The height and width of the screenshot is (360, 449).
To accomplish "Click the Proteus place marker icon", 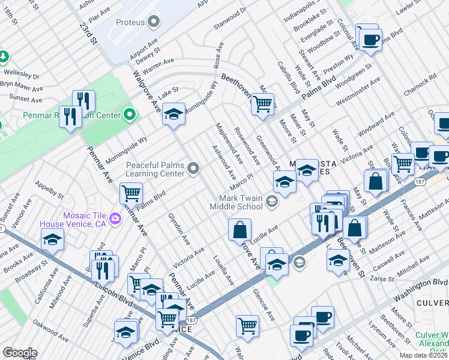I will click(x=154, y=22).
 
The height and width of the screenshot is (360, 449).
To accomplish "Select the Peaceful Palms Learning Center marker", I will click(x=193, y=169).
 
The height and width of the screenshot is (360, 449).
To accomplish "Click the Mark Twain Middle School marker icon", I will click(x=272, y=202).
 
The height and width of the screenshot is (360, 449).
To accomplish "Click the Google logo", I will click(x=19, y=353).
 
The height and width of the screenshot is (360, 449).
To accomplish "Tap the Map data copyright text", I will click(x=424, y=355).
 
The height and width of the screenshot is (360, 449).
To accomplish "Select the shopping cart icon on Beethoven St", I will click(x=262, y=104).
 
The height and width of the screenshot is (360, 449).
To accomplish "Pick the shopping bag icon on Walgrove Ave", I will click(x=240, y=229).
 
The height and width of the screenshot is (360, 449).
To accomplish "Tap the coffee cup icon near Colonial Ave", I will click(x=370, y=40).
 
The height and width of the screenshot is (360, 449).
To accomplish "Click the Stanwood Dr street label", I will click(x=231, y=19).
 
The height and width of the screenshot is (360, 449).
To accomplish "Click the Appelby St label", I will click(x=49, y=190).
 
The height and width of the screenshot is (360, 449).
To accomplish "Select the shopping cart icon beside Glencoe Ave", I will click(x=247, y=326).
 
